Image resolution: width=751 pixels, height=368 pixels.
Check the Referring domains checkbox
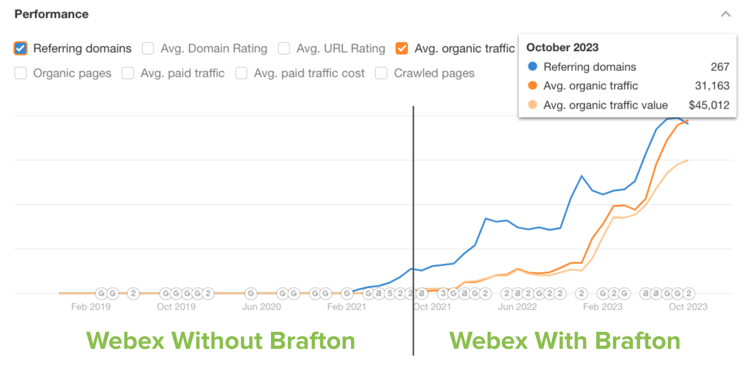(x=21, y=48)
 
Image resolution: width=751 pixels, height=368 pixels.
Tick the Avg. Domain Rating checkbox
(x=148, y=48)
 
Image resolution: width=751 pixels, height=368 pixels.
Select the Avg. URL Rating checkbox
(x=284, y=48)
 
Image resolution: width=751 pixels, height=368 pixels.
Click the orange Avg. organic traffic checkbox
(x=402, y=48)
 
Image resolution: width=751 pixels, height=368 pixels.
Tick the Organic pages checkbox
(x=21, y=73)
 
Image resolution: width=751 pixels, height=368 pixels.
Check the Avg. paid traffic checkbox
(x=128, y=73)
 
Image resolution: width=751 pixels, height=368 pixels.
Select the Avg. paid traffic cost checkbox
(x=241, y=73)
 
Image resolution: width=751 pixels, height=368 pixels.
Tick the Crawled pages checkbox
(x=381, y=73)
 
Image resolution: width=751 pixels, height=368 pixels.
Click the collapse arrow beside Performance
(x=726, y=14)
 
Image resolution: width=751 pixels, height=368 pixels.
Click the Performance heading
(x=52, y=14)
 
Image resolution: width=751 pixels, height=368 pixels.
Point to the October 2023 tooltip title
(x=562, y=48)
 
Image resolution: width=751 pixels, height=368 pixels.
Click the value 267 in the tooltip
(x=720, y=67)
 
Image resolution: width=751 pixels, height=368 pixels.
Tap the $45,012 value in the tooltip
(x=709, y=105)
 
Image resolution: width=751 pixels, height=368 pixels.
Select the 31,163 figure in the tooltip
(x=712, y=86)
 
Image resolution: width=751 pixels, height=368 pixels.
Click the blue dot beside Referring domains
(x=532, y=66)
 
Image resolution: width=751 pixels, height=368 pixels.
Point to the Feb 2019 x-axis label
(x=91, y=307)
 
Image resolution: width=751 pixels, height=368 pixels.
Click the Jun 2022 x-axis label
(x=517, y=307)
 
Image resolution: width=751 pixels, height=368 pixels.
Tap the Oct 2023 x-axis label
(x=688, y=307)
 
